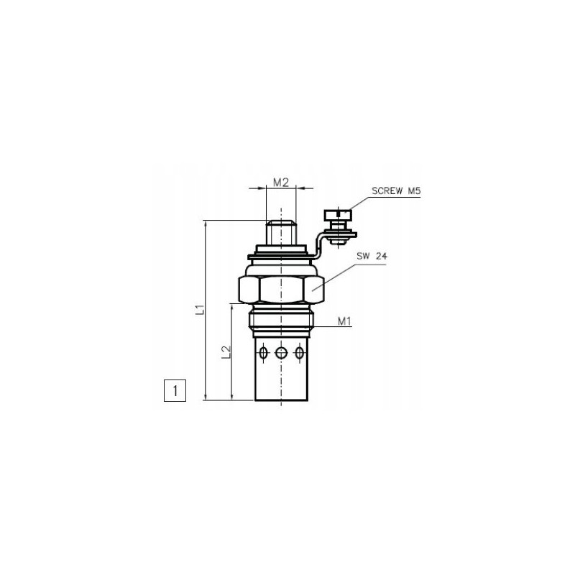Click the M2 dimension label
pyautogui.click(x=281, y=183)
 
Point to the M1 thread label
pyautogui.click(x=344, y=321)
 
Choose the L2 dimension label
pyautogui.click(x=226, y=352)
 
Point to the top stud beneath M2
pyautogui.click(x=280, y=233)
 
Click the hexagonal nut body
pyautogui.click(x=280, y=290)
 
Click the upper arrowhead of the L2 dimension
pyautogui.click(x=232, y=307)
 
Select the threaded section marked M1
pyautogui.click(x=280, y=321)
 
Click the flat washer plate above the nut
pyautogui.click(x=280, y=255)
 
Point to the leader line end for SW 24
pyautogui.click(x=314, y=290)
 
